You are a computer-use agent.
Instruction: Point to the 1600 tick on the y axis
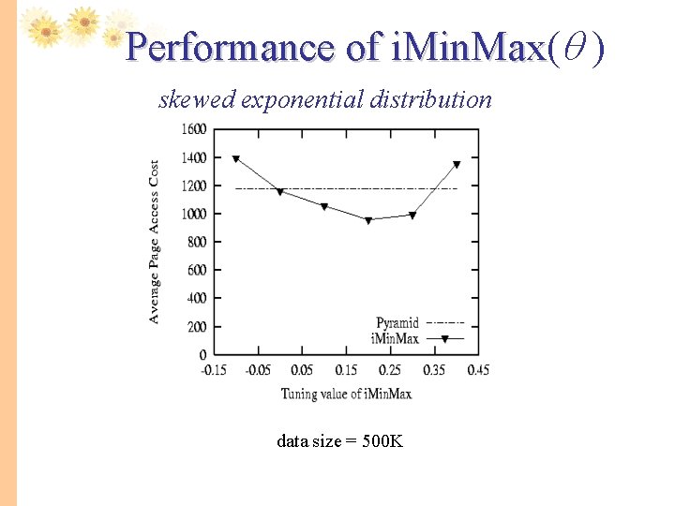[194, 129]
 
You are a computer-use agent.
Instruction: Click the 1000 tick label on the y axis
[194, 214]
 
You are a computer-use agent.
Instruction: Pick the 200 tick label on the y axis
[197, 327]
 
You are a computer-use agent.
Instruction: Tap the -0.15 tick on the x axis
[215, 370]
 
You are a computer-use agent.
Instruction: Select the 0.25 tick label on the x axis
[390, 370]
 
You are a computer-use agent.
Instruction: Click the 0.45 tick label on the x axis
[477, 370]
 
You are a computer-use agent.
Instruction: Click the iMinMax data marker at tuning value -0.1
[235, 159]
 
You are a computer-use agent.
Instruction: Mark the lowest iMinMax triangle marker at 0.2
[368, 221]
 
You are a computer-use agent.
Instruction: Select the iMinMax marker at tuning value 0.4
[457, 165]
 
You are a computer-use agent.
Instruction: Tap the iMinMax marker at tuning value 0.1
[324, 207]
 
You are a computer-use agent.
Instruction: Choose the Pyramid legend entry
[397, 323]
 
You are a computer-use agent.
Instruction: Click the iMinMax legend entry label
[395, 338]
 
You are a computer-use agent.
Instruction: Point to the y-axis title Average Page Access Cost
[154, 242]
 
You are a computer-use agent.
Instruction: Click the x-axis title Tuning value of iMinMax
[346, 394]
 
